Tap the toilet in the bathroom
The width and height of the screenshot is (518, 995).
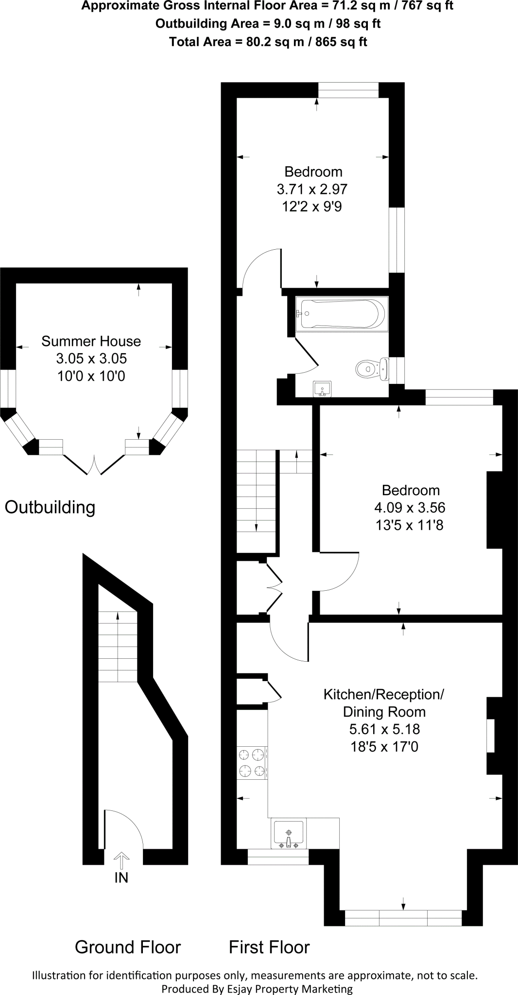[x=371, y=369]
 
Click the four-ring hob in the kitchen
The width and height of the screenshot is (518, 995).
[x=252, y=763]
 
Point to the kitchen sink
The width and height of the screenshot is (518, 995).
[x=289, y=834]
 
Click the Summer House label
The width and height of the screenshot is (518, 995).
[x=91, y=341]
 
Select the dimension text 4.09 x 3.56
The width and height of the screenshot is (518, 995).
[x=410, y=508]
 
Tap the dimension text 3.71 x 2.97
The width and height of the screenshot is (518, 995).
[x=312, y=189]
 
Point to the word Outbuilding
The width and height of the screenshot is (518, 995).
[x=50, y=507]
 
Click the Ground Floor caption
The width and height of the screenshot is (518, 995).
[x=128, y=947]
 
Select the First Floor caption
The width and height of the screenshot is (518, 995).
[x=269, y=947]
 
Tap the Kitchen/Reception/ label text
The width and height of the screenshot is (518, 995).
[x=384, y=694]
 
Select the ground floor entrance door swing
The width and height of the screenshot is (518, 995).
[x=123, y=829]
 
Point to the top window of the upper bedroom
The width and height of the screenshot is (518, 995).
[x=348, y=90]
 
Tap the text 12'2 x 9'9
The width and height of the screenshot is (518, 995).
[x=312, y=206]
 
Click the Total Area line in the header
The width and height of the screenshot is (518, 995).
[x=268, y=42]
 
